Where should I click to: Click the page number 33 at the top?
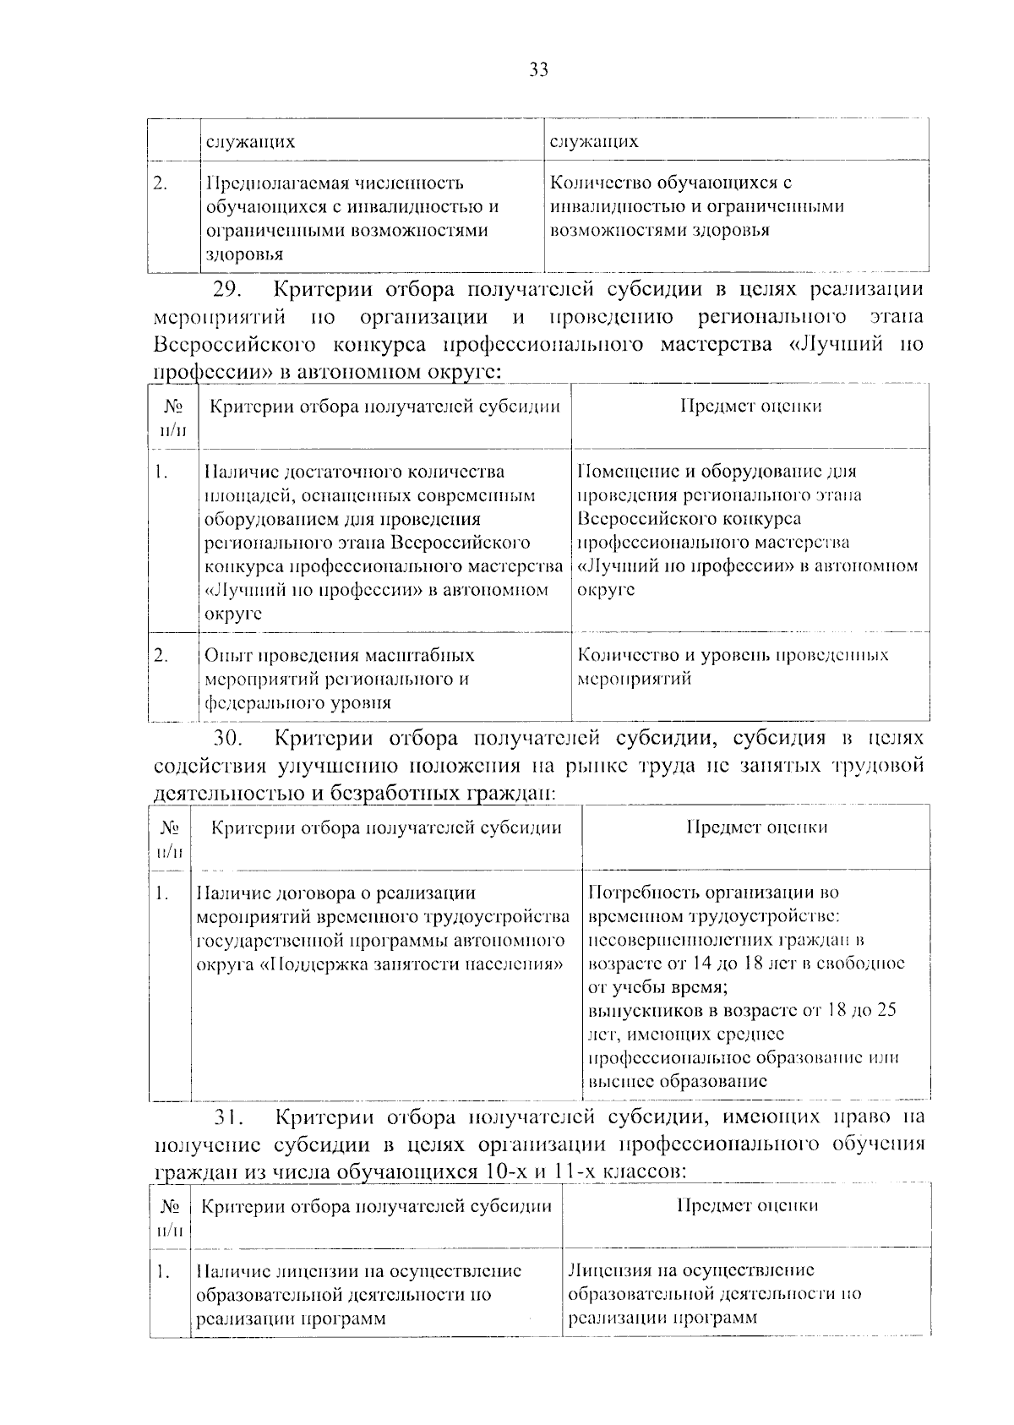[538, 70]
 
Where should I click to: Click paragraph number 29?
[226, 290]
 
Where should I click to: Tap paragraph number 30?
[227, 739]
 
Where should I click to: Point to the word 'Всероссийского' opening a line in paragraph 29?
[235, 345]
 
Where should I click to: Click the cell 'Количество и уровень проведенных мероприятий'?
[732, 667]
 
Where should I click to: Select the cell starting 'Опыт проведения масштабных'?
[339, 679]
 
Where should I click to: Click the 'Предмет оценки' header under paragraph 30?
[756, 827]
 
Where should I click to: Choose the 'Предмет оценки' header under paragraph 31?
[747, 1205]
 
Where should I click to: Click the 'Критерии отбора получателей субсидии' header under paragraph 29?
[384, 407]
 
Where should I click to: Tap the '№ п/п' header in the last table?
[171, 1217]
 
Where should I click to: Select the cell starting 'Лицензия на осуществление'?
[714, 1293]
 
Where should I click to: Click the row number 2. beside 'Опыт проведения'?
[162, 655]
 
